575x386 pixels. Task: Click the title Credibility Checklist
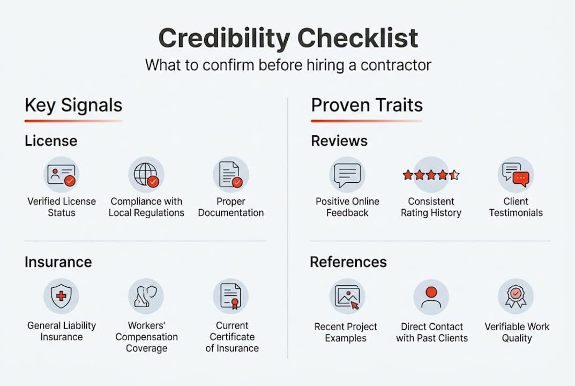pos(288,39)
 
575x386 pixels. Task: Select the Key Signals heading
pos(73,105)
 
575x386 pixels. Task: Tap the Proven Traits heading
pos(367,105)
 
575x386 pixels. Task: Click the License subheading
pos(51,141)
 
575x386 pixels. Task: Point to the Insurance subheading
pos(58,262)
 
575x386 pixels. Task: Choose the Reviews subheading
pos(339,141)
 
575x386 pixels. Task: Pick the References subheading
pos(348,262)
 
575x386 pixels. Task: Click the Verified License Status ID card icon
pos(61,175)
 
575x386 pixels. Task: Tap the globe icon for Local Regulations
pos(146,175)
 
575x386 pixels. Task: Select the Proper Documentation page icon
pos(230,175)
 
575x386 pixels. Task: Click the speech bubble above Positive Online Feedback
pos(347,175)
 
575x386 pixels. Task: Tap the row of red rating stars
pos(431,175)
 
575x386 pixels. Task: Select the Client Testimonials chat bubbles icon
pos(516,175)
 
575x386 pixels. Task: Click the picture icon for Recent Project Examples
pos(347,296)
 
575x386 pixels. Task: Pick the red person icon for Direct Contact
pos(431,296)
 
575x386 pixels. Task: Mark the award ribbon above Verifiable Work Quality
pos(516,296)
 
